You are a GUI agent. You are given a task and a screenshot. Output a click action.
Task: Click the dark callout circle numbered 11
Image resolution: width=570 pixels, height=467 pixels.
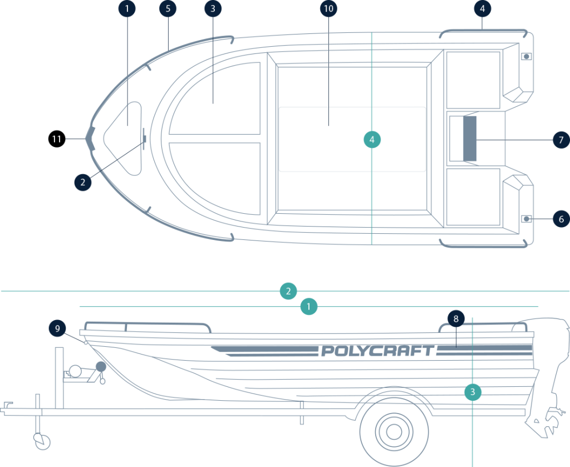pos(56,139)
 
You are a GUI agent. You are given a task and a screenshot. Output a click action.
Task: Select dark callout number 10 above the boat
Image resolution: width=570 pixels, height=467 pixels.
pos(329,8)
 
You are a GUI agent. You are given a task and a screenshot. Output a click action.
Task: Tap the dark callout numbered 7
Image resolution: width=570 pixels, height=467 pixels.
pos(561,139)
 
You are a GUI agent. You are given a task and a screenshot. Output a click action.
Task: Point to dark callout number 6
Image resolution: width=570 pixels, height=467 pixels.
pos(561,219)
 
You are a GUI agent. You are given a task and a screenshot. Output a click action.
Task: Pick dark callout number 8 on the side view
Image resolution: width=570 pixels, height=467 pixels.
pos(456,319)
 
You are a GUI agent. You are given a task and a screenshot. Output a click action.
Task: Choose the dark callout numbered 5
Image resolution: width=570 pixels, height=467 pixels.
pos(168,8)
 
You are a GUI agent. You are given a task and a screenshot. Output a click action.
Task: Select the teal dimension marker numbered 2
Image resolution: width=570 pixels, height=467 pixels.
pos(288,291)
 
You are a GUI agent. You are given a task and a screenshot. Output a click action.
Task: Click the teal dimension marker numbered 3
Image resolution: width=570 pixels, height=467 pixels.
pos(473,392)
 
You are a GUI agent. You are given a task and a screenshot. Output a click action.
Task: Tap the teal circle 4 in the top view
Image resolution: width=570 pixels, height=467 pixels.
pos(372,139)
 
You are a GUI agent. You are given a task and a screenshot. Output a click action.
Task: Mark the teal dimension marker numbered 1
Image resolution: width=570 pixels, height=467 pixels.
pos(308,306)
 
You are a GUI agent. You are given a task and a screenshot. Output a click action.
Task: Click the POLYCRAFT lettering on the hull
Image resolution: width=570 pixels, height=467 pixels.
pos(377,351)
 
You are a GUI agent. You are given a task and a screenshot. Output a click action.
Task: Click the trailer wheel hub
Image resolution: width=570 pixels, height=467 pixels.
pos(394,430)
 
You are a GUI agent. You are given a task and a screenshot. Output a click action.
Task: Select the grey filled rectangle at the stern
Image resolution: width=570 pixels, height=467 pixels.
pos(470,139)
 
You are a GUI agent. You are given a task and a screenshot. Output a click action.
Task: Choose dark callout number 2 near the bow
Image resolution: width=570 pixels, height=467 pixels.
pos(82,181)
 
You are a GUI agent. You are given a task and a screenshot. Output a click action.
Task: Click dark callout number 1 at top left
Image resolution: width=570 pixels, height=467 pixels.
pos(127,8)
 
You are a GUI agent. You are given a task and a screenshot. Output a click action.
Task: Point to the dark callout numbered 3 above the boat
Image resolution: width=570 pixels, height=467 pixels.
pos(213,8)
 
